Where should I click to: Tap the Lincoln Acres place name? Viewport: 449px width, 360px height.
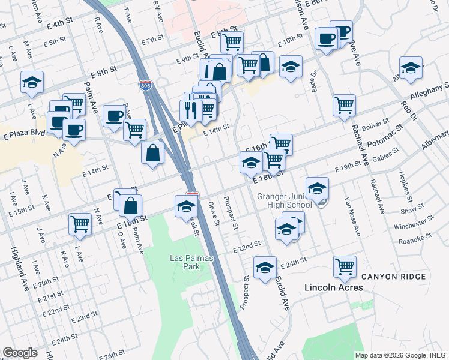[333, 287]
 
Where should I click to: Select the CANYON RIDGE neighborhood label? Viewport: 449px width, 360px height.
[394, 277]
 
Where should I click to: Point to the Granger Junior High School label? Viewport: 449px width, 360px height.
[285, 200]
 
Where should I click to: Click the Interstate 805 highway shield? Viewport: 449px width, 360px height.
[145, 86]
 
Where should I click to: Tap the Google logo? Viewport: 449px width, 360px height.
[19, 353]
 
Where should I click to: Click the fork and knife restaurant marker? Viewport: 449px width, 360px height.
[190, 110]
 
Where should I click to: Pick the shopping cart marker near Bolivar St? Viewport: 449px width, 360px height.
[344, 104]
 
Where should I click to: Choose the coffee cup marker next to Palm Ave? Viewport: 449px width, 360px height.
[113, 116]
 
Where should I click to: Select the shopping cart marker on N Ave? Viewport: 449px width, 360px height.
[80, 224]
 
